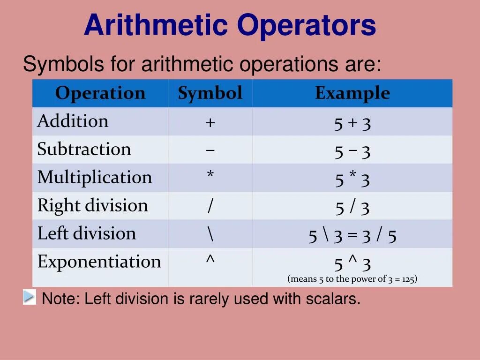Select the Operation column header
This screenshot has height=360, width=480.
100,93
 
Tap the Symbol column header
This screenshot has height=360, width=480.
210,93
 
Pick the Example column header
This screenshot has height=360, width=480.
352,93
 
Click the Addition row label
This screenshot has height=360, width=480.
73,121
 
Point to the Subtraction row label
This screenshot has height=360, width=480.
84,150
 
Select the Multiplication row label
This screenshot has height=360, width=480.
95,178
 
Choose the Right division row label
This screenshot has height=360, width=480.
92,206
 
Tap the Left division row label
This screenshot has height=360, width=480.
87,233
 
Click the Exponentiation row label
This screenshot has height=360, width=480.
99,262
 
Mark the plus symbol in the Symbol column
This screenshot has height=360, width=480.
210,123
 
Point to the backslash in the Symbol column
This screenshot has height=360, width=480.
210,234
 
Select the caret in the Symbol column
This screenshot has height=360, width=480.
210,260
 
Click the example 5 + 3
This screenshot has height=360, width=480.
352,123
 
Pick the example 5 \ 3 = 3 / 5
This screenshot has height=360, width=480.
352,236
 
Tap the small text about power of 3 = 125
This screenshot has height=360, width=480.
352,279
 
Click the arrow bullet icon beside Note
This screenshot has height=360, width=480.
29,297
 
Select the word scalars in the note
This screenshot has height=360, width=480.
335,299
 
